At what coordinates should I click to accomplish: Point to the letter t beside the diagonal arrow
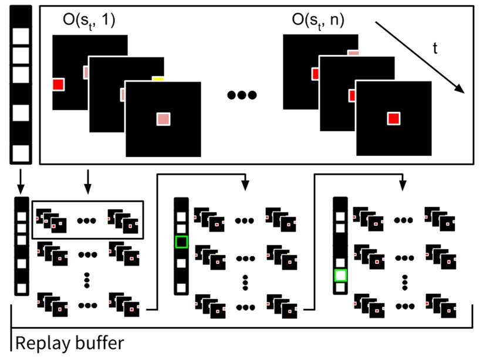(435, 50)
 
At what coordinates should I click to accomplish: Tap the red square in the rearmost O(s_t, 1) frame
(58, 84)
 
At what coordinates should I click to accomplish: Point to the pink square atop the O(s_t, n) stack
(353, 53)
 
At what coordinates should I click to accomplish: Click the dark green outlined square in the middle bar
(181, 242)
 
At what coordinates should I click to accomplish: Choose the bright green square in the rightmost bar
(340, 275)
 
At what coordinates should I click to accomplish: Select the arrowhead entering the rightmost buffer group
(401, 186)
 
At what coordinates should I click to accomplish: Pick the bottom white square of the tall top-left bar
(21, 152)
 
